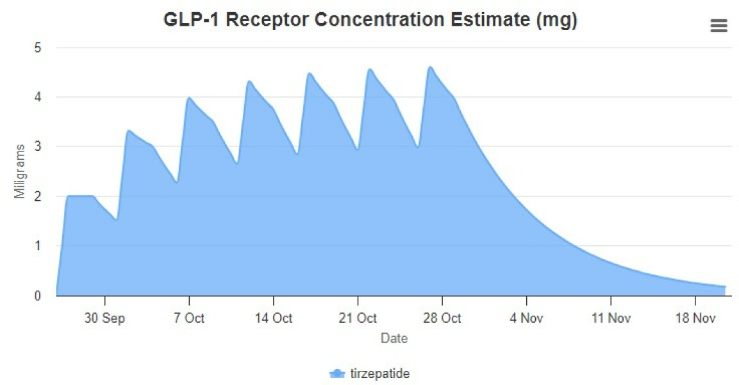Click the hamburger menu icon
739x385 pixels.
point(718,26)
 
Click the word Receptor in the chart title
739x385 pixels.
point(269,21)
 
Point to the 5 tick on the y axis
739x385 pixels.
point(38,47)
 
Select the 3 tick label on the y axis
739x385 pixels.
point(38,147)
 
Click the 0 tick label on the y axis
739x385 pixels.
point(38,296)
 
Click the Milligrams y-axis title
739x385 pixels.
point(21,171)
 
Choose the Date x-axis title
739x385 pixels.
point(394,338)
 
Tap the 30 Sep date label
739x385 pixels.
point(104,318)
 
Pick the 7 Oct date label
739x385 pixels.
point(189,318)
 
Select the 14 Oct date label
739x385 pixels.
point(273,318)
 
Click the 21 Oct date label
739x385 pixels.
point(358,318)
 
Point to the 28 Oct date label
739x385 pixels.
point(442,318)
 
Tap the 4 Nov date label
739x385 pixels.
point(526,318)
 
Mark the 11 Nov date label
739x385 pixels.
point(610,318)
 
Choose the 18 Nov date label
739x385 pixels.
point(695,318)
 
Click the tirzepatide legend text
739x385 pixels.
point(380,373)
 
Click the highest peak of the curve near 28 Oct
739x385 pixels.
point(431,67)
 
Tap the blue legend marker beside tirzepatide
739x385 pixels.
point(337,373)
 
